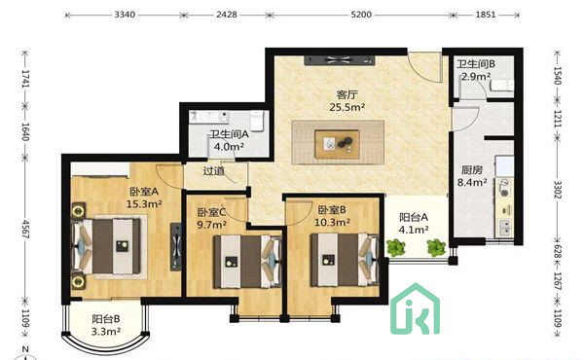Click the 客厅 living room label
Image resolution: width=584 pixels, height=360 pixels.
click(347, 94)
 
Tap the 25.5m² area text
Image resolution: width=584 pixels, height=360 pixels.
click(347, 107)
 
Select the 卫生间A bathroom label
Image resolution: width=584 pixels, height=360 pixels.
click(229, 135)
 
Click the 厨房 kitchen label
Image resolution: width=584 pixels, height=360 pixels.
click(472, 168)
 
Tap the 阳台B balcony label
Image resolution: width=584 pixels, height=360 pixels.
click(106, 318)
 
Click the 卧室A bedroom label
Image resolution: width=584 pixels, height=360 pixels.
click(143, 192)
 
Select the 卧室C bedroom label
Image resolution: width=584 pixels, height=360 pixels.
click(211, 211)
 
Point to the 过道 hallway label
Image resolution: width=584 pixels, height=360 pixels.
click(214, 171)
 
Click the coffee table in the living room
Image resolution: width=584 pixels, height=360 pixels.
click(342, 144)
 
